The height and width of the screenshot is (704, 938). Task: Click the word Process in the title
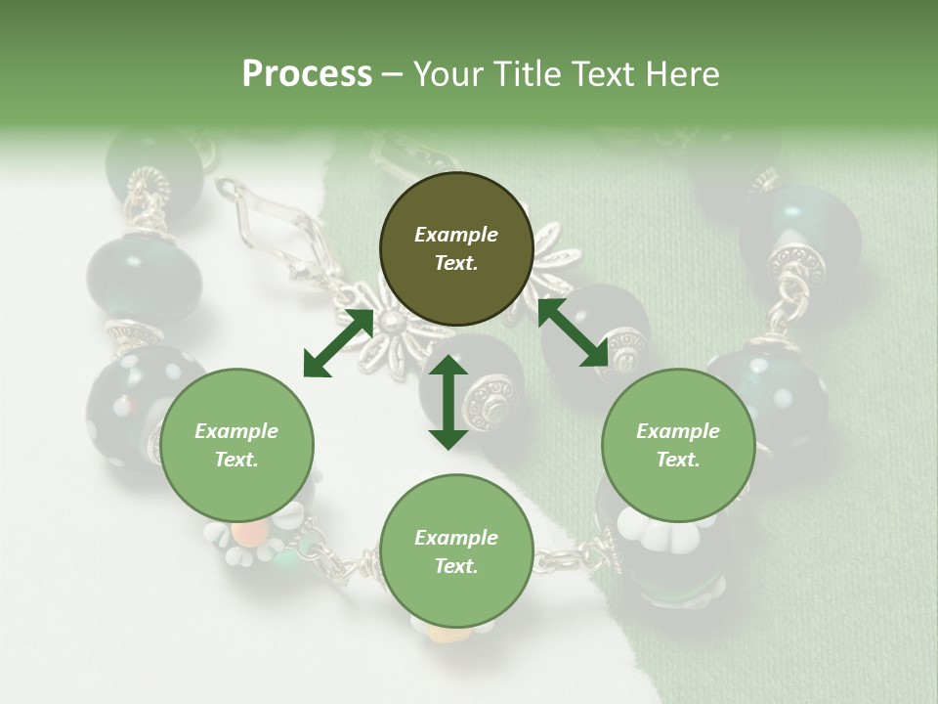click(307, 74)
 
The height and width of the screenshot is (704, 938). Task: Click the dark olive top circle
click(455, 248)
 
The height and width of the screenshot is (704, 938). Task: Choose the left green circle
click(236, 445)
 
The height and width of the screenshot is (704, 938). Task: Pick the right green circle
click(678, 445)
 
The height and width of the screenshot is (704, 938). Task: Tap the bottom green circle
click(455, 551)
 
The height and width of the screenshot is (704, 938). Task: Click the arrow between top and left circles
click(338, 342)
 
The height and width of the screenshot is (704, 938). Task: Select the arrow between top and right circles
click(573, 332)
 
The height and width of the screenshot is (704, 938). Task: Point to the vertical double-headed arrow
click(448, 402)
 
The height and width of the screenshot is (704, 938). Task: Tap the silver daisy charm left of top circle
click(381, 328)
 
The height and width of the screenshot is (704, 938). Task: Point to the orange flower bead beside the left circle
click(251, 533)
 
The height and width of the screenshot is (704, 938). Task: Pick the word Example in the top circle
click(455, 235)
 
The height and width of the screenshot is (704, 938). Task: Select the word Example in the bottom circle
click(455, 538)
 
